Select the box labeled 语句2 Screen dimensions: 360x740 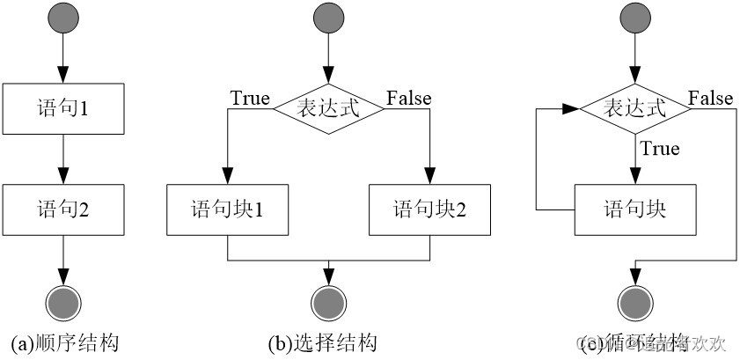[62, 209]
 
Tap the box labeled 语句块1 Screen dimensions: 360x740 [227, 209]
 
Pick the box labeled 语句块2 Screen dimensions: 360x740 [429, 209]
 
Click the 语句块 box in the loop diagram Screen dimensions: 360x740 [634, 209]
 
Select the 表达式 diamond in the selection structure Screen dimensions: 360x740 [328, 109]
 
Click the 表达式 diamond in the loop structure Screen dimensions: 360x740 [634, 109]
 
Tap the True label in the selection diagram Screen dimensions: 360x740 [250, 98]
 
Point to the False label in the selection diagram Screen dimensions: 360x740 [408, 98]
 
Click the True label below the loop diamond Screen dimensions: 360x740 [660, 149]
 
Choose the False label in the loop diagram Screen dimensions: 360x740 [710, 98]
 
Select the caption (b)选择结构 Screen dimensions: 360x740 [327, 342]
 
